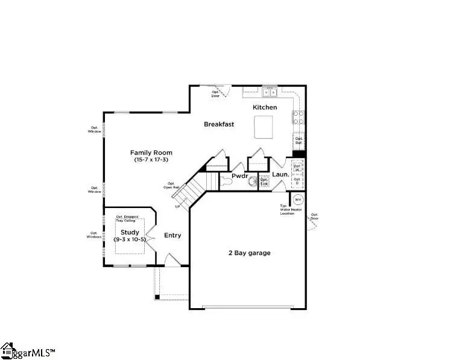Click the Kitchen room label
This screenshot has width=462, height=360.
click(265, 107)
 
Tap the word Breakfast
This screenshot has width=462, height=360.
click(218, 124)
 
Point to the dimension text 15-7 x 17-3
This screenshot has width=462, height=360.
click(151, 160)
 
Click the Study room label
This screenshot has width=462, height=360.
click(130, 232)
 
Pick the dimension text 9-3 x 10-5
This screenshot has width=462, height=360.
click(130, 239)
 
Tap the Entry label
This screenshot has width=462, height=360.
click(172, 235)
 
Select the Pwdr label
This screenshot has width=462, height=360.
click(241, 176)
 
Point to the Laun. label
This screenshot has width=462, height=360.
click(279, 175)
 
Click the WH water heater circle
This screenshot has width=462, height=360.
click(298, 199)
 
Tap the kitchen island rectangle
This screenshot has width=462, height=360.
click(264, 128)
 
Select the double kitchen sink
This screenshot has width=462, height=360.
click(269, 92)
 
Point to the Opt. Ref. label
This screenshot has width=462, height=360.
click(299, 141)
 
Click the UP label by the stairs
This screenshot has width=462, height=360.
click(178, 207)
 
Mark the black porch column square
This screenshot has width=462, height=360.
click(157, 297)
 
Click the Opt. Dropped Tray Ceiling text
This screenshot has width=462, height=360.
click(127, 218)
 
